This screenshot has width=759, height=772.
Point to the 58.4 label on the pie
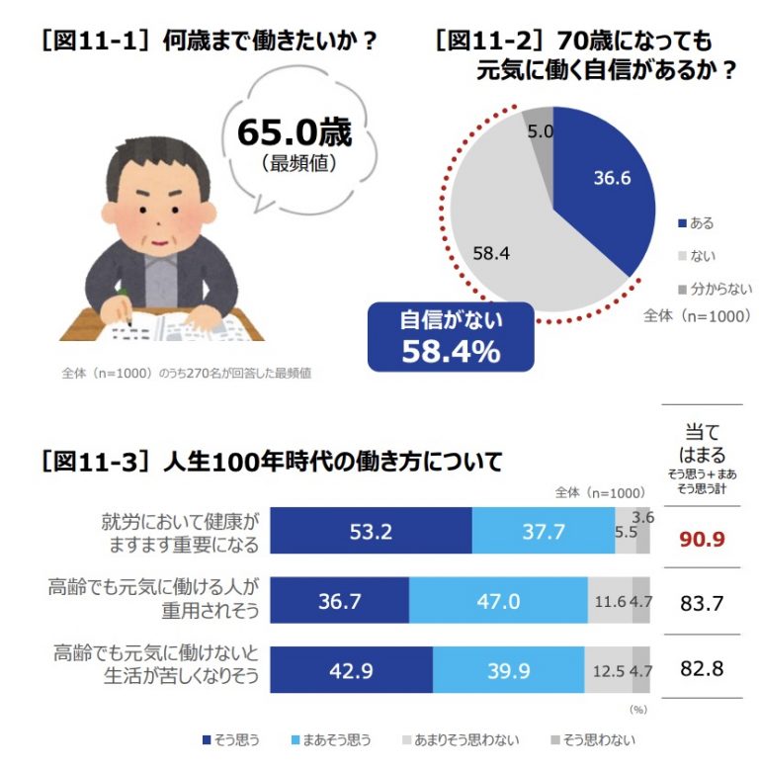point(491,253)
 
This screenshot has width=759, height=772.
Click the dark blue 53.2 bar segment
point(371,532)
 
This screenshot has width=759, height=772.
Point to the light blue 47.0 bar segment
point(496,600)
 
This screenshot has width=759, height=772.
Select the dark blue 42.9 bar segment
point(351,669)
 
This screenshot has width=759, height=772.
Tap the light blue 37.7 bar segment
point(543,532)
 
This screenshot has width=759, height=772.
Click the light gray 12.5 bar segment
point(607,669)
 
